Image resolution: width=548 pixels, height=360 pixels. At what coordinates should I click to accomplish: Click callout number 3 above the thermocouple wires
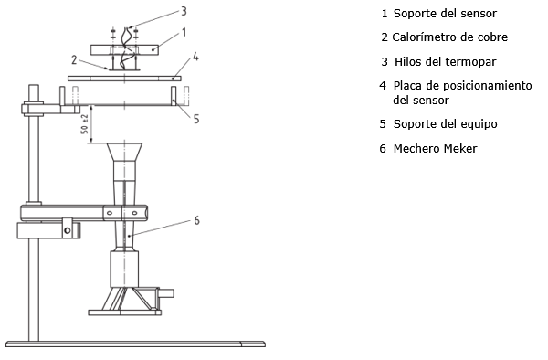coord(184,11)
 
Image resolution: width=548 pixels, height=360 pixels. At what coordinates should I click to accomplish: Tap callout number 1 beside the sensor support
coord(184,33)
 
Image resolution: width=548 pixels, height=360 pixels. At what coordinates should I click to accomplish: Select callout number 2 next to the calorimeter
coord(74,60)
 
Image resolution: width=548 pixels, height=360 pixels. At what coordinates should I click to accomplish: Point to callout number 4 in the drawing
coord(195,57)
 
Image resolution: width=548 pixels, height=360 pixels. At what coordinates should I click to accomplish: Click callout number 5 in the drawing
coord(196,119)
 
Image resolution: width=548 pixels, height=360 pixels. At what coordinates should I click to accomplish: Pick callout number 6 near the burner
coord(196,220)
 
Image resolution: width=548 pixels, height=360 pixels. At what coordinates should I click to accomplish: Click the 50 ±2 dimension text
coord(85,124)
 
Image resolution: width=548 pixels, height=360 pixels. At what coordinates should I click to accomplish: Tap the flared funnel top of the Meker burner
coord(124,152)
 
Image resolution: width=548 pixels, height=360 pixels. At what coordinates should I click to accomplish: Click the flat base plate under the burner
coord(125,312)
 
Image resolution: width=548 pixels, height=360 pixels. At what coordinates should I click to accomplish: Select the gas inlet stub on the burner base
coord(166,293)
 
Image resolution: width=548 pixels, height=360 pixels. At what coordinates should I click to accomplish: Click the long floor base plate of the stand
coord(135,344)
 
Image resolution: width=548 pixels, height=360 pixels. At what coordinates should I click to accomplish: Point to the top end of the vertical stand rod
coord(34,85)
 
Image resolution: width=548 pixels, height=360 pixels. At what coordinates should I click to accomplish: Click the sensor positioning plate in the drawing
coord(124,79)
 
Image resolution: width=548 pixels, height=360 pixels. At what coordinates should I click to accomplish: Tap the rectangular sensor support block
coord(125,49)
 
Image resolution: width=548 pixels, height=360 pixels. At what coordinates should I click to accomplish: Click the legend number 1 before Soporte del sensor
coord(385,14)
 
